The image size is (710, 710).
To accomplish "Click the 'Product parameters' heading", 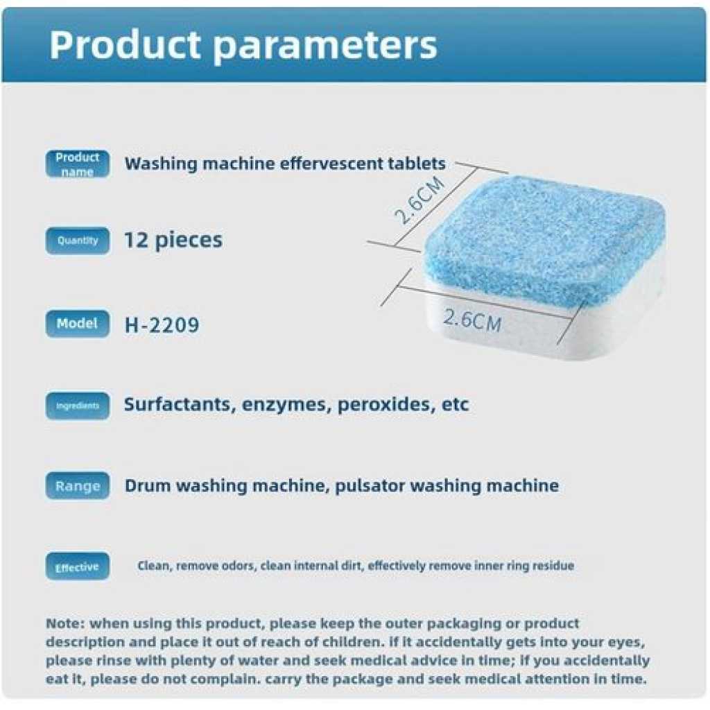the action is tap(243, 45).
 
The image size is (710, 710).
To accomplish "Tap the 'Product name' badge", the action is tap(78, 164).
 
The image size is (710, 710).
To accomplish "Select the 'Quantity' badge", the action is tap(78, 241).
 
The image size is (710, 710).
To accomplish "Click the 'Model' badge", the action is tap(78, 323).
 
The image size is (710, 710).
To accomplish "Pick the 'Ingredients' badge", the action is tap(78, 406).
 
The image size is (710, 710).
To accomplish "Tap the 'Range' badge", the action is tap(78, 485).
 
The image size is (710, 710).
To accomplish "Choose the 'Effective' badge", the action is tap(78, 566).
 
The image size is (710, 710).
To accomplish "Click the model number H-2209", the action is tap(162, 324).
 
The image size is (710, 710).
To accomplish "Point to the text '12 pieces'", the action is tap(173, 240).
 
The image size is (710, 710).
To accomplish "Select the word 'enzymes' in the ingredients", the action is tap(284, 405).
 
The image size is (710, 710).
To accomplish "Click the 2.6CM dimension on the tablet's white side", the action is tap(471, 320).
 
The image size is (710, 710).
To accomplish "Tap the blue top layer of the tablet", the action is tap(546, 240).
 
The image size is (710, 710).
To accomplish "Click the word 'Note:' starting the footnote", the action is tap(65, 623).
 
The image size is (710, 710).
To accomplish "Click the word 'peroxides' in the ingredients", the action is tap(383, 405).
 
